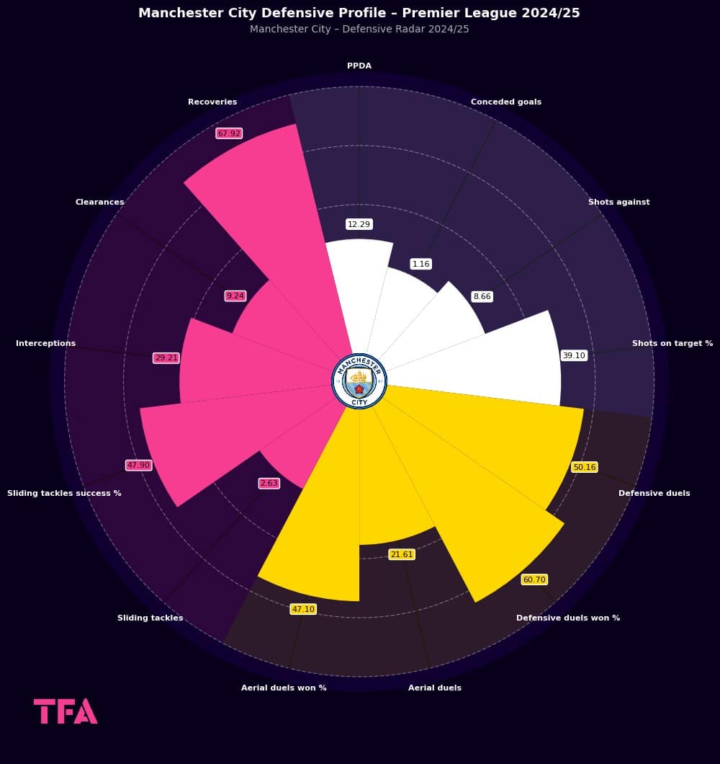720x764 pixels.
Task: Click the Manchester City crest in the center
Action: click(359, 381)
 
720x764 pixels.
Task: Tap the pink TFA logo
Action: click(66, 711)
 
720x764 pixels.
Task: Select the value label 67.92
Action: click(229, 133)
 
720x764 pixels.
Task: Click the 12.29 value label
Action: click(359, 224)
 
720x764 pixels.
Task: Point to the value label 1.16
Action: click(420, 265)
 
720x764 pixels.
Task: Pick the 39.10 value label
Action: click(574, 355)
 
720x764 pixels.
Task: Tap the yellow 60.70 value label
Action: click(534, 579)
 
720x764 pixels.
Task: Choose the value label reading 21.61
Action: click(402, 554)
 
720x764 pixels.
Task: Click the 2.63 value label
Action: click(269, 483)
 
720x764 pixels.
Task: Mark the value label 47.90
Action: click(138, 466)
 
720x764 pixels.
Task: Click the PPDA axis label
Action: click(359, 66)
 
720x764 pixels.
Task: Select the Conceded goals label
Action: click(505, 102)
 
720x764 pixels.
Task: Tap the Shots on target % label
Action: click(672, 344)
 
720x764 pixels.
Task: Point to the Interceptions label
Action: click(45, 344)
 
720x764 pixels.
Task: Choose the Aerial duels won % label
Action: click(284, 688)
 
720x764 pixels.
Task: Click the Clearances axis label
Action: click(99, 202)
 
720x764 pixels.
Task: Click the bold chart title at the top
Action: click(359, 13)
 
